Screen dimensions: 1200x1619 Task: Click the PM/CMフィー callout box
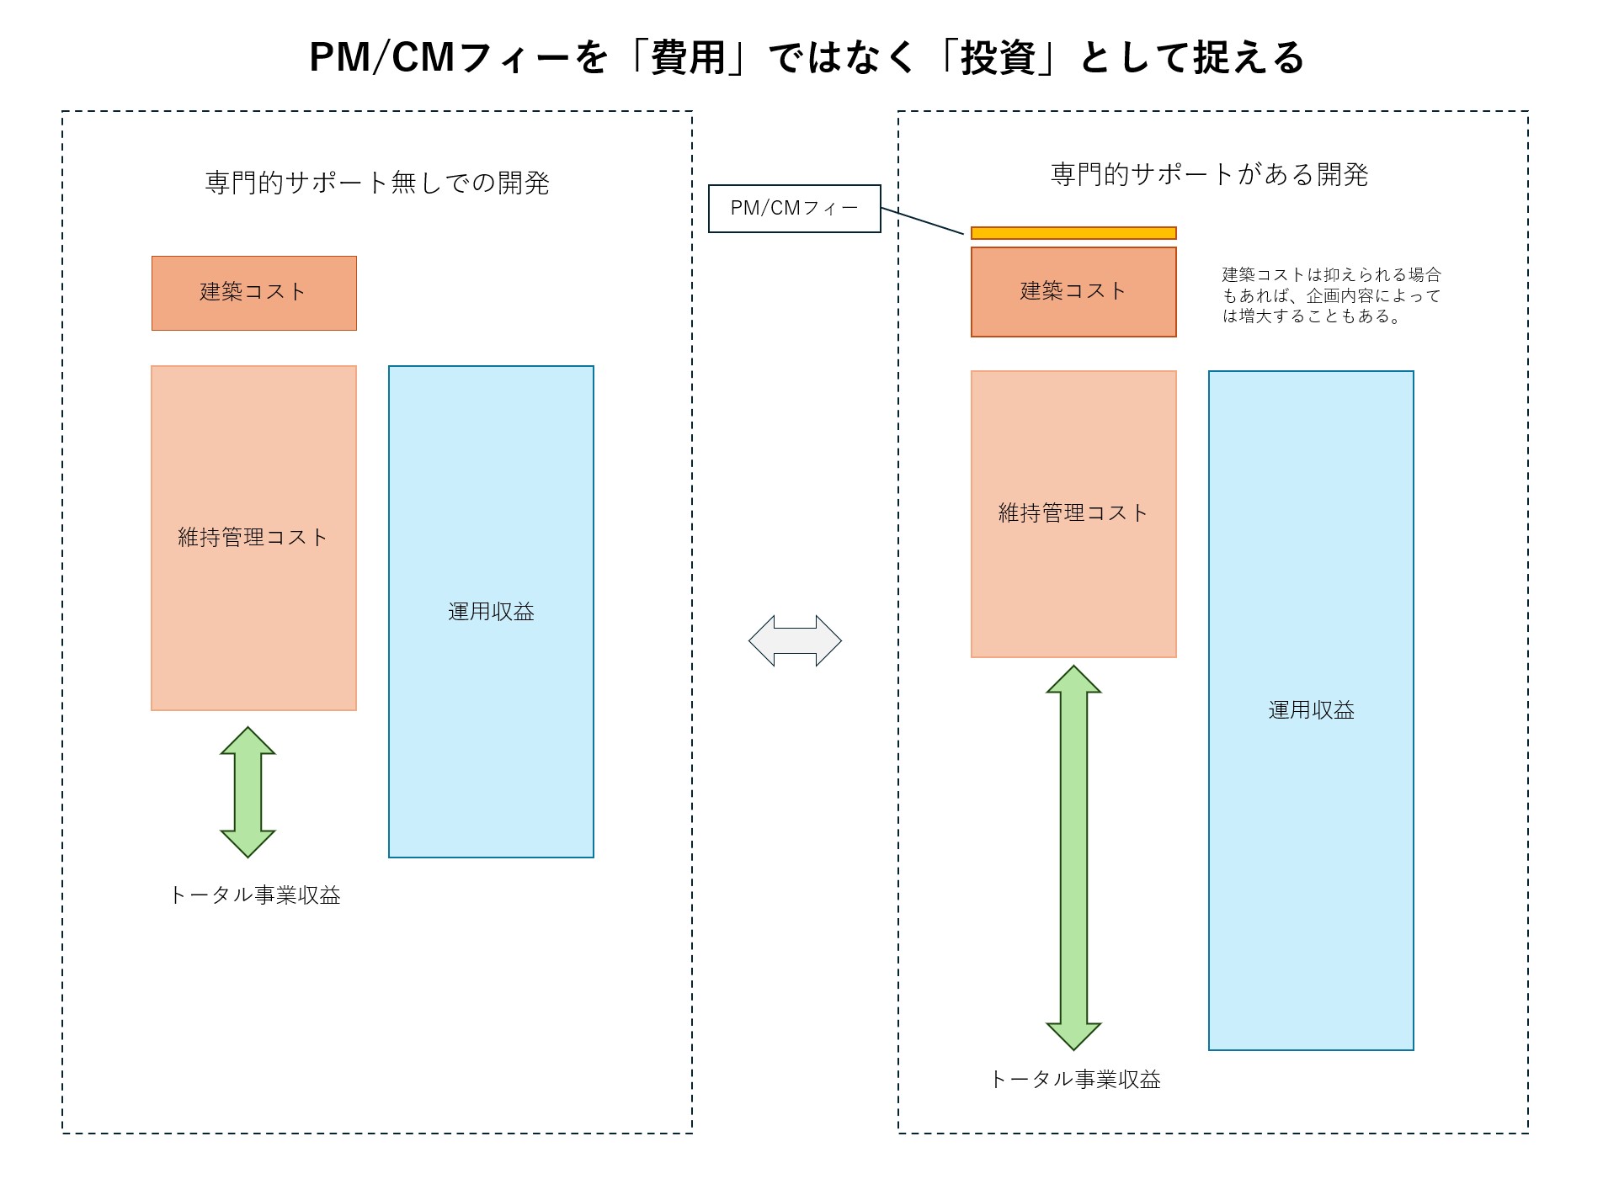(794, 209)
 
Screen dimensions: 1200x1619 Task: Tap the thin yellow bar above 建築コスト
(1073, 233)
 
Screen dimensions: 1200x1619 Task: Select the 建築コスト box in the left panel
(253, 293)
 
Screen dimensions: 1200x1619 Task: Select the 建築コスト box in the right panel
(1073, 292)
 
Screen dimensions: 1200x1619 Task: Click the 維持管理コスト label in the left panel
(253, 538)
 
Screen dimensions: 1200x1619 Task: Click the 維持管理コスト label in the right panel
(1073, 513)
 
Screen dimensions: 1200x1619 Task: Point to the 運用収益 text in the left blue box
(491, 612)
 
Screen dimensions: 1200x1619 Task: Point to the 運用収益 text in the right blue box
(1311, 710)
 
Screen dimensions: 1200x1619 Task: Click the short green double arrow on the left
(248, 792)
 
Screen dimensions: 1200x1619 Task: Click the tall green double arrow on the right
(1073, 857)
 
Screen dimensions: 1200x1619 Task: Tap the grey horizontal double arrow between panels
(795, 641)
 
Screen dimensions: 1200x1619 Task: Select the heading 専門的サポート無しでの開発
(377, 183)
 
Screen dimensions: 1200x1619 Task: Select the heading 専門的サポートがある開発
(1209, 174)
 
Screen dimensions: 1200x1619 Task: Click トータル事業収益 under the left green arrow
(255, 895)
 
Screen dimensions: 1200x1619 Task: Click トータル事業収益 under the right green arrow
(1075, 1079)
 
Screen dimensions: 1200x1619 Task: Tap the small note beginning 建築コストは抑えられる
(1331, 295)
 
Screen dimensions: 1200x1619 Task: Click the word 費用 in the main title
(688, 58)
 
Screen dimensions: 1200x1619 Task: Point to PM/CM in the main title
(383, 58)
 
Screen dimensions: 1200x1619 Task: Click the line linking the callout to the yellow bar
(922, 220)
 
